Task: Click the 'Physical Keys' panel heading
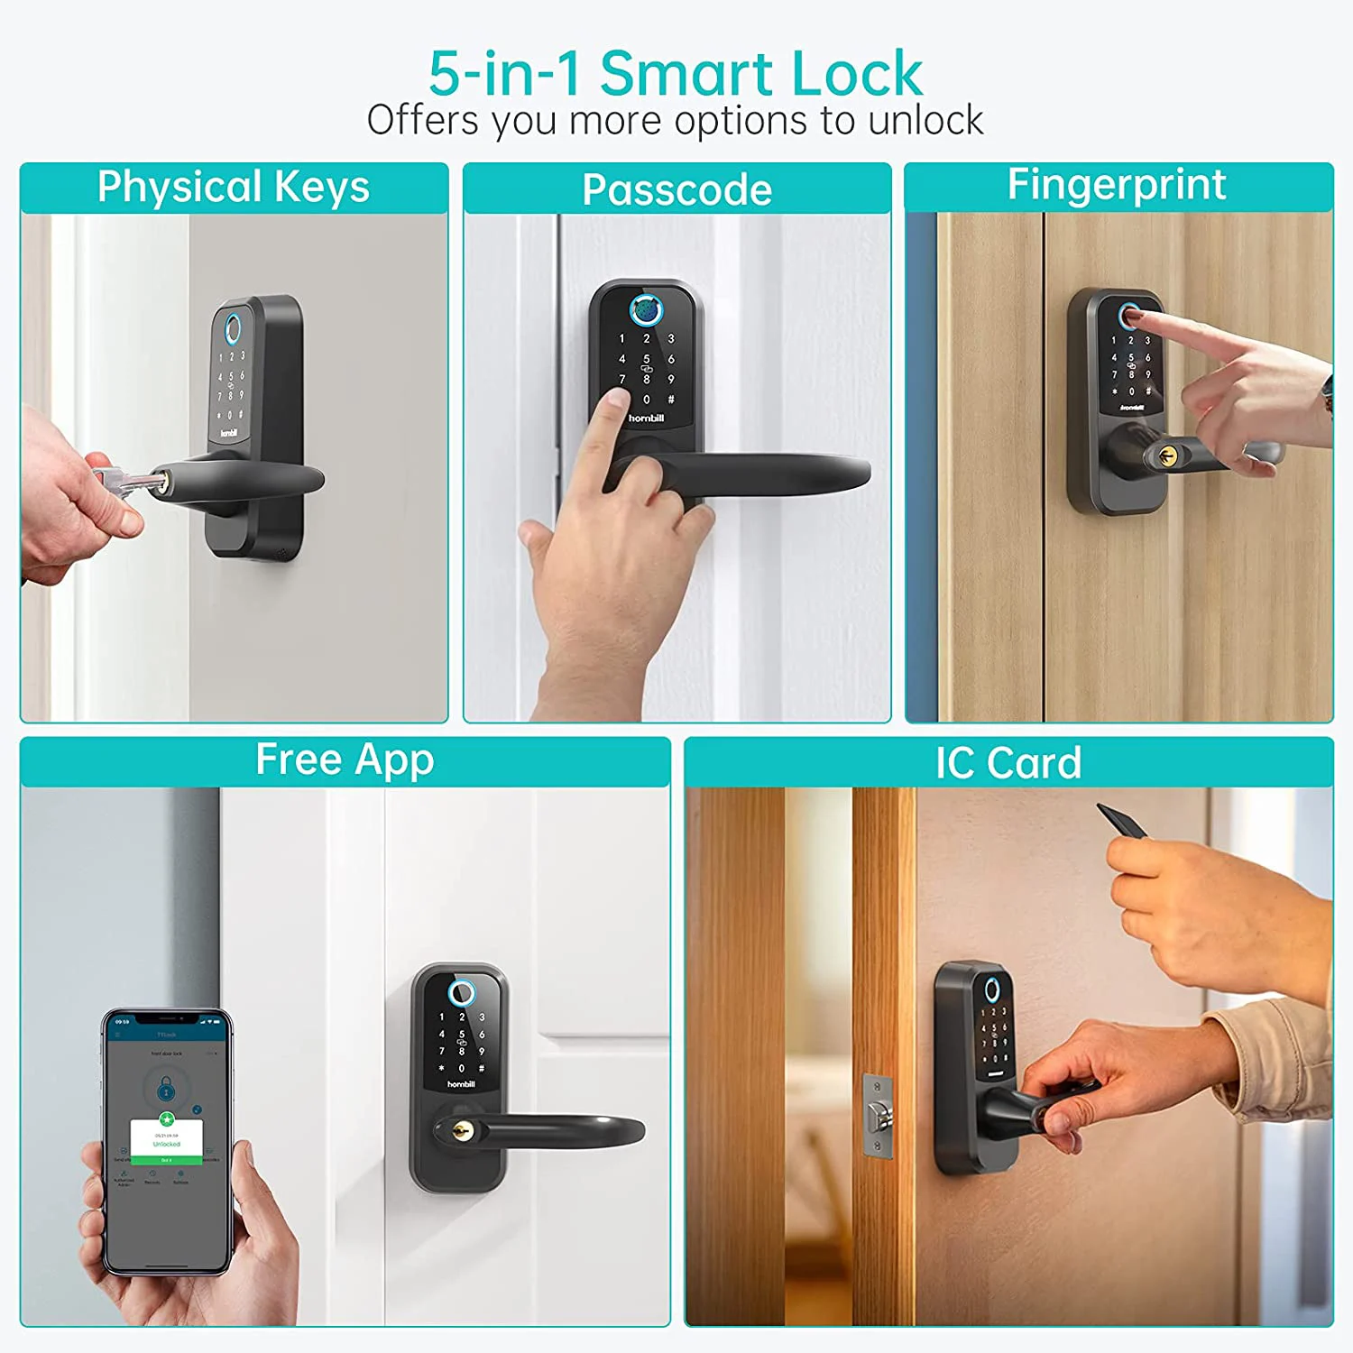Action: pyautogui.click(x=234, y=188)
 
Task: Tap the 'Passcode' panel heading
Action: pyautogui.click(x=676, y=190)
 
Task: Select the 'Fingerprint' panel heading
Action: pyautogui.click(x=1117, y=185)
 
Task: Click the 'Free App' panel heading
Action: pyautogui.click(x=345, y=759)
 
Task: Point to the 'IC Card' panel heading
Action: pyautogui.click(x=1008, y=763)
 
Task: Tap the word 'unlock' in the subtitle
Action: pyautogui.click(x=925, y=121)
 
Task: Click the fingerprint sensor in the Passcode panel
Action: pyautogui.click(x=646, y=309)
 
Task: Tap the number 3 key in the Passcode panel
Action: pyautogui.click(x=670, y=339)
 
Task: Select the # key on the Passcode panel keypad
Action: pyautogui.click(x=670, y=400)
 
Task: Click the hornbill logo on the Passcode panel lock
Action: pyautogui.click(x=646, y=419)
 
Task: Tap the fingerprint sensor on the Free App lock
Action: pyautogui.click(x=461, y=994)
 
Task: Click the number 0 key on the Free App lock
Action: pyautogui.click(x=461, y=1068)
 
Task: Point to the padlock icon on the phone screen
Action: pyautogui.click(x=166, y=1090)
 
